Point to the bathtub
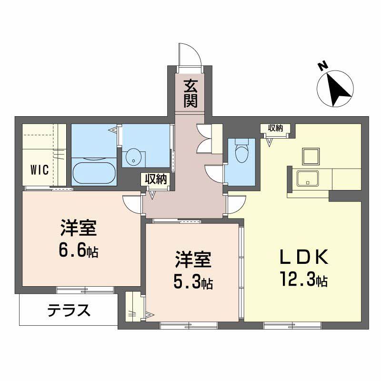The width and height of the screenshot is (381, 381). tap(94, 173)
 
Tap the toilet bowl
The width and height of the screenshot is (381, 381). tap(242, 154)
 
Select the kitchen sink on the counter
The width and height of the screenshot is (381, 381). tap(308, 178)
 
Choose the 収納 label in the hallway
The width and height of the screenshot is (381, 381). tap(155, 179)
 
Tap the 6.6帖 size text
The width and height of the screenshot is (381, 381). tap(80, 251)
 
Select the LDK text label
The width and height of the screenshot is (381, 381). tap(303, 258)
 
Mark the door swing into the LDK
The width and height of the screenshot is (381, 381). tap(234, 205)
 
